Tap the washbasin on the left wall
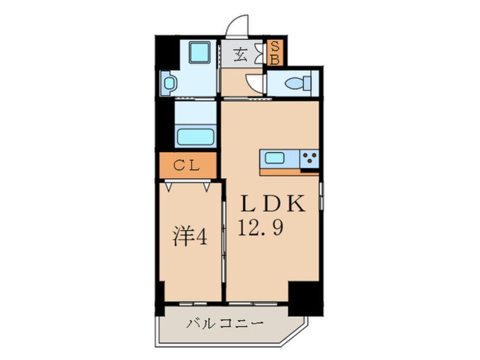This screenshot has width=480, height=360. pos(169,83)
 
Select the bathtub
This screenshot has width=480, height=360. pos(195,137)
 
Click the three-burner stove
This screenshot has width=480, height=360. pos(309,158)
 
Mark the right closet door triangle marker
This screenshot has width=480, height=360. pos(207,185)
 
